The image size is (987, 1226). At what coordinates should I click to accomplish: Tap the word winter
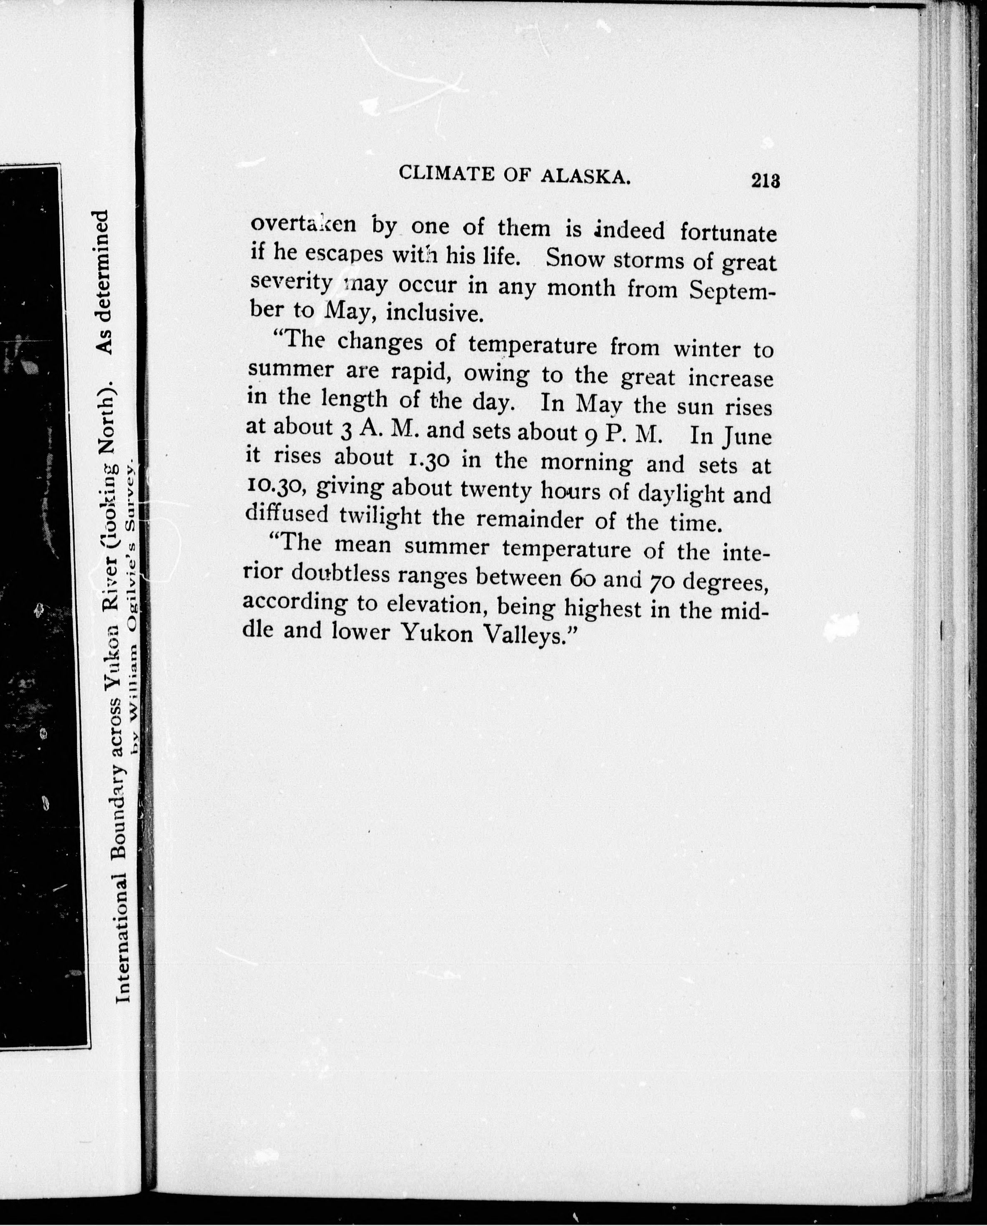[x=707, y=347]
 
